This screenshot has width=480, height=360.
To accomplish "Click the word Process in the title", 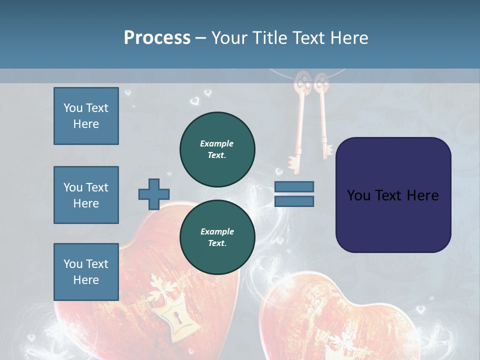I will click(157, 38).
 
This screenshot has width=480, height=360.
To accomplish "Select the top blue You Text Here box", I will click(86, 116).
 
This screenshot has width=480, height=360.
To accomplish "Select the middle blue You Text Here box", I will click(86, 195).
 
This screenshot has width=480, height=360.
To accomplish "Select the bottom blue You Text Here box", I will click(86, 271).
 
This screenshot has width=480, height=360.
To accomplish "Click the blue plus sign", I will click(153, 194).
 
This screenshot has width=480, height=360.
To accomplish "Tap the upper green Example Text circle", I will click(217, 149).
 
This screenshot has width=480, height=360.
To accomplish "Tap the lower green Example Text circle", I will click(217, 237).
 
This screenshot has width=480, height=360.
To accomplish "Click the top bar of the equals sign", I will click(294, 186).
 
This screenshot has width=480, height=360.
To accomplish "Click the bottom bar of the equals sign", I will click(294, 201).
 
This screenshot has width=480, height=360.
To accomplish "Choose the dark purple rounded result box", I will click(393, 195).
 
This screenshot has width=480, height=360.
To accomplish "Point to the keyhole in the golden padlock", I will click(176, 317).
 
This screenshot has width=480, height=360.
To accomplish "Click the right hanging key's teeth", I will click(327, 149).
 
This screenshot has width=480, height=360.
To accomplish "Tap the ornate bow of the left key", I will click(301, 82).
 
